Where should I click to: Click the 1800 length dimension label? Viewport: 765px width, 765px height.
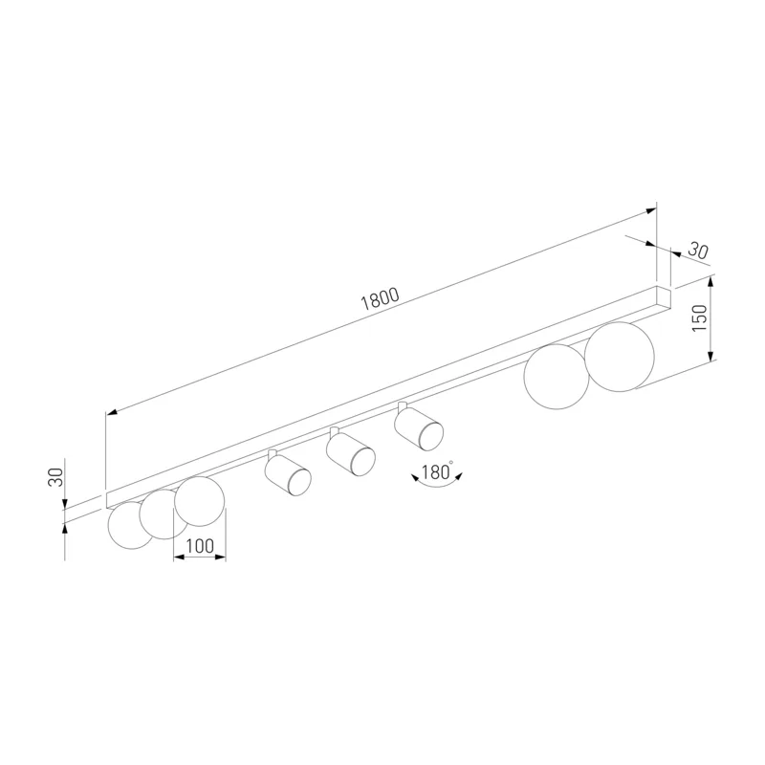tap(380, 299)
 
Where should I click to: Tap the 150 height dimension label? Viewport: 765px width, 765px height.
tap(699, 317)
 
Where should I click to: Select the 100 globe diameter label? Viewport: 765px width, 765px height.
tap(200, 546)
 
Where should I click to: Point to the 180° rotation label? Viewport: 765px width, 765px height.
tap(437, 471)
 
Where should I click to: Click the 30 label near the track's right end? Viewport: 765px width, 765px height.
tap(698, 251)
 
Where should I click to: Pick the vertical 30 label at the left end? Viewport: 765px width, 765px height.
tap(55, 476)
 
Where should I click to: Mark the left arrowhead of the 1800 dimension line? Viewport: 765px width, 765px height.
tap(112, 413)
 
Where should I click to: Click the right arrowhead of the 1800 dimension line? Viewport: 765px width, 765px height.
tap(651, 210)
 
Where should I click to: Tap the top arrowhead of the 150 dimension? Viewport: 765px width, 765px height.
tap(710, 282)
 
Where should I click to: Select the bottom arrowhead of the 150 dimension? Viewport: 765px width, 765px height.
tap(710, 354)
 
